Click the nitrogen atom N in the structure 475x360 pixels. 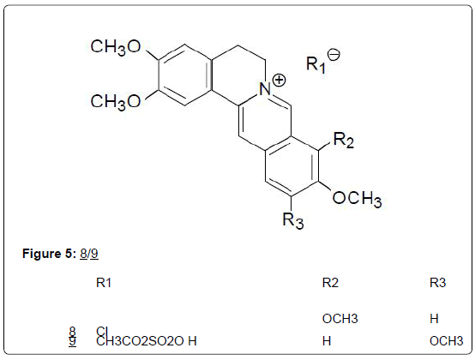(x=265, y=89)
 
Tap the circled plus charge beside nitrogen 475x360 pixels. (x=279, y=81)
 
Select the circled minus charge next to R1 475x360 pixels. (x=334, y=55)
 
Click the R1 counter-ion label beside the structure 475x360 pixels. (x=316, y=64)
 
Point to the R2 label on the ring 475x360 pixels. (x=344, y=140)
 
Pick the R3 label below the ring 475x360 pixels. (x=292, y=220)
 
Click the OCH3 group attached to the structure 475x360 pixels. (x=357, y=199)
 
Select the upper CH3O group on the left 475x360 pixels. (x=116, y=47)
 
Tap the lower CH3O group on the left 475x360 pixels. (x=116, y=102)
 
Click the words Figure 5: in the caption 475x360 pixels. (x=49, y=253)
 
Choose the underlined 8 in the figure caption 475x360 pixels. (x=83, y=254)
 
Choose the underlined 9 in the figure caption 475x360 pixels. (x=94, y=254)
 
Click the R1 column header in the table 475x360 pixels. (x=104, y=283)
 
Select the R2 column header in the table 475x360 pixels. (x=330, y=283)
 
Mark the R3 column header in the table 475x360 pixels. (x=438, y=283)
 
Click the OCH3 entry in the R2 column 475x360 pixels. (x=340, y=319)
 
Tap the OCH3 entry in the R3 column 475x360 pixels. (x=446, y=341)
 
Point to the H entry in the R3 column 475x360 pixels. (x=434, y=319)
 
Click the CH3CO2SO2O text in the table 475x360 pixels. (x=140, y=341)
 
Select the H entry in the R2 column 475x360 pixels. (x=327, y=341)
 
